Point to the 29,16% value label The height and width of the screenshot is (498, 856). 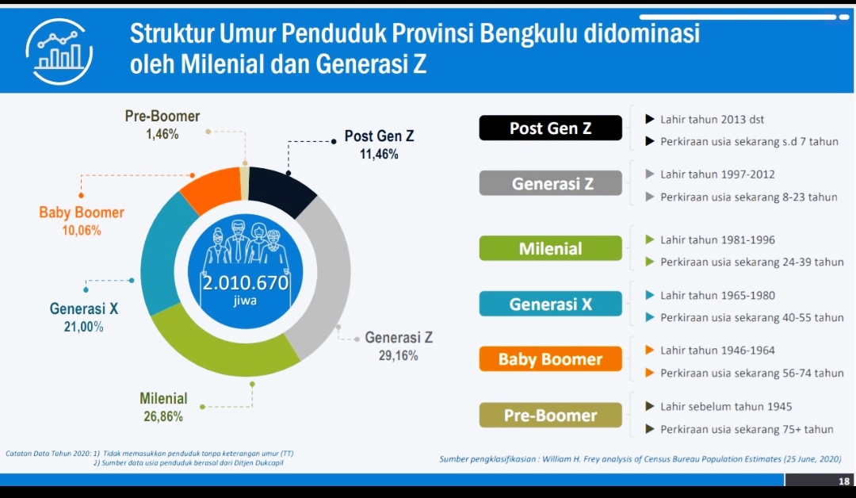point(398,356)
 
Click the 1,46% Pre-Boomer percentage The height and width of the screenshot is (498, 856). point(162,135)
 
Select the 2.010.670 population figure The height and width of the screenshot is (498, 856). point(246,284)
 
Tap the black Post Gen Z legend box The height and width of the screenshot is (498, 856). point(550,128)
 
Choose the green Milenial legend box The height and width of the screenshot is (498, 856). point(550,249)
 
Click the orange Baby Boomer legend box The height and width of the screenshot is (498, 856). point(550,359)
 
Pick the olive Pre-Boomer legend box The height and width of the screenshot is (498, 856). point(550,416)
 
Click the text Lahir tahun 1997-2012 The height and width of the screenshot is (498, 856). point(717,174)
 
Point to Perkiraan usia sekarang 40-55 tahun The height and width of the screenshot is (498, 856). point(751,317)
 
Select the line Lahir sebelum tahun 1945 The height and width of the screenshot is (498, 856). point(726,407)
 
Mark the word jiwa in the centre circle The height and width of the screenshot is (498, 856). point(246,302)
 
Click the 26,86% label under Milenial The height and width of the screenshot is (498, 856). point(163,416)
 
